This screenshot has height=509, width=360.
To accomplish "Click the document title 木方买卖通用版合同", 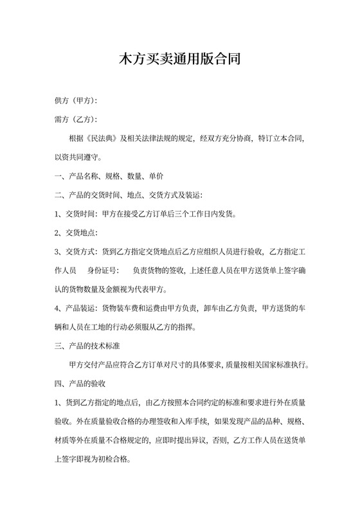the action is (180, 61).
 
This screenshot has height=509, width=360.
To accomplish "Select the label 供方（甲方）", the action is (76, 101).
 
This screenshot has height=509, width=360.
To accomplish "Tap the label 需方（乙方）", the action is (76, 120).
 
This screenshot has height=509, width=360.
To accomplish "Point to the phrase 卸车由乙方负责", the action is (230, 307).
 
